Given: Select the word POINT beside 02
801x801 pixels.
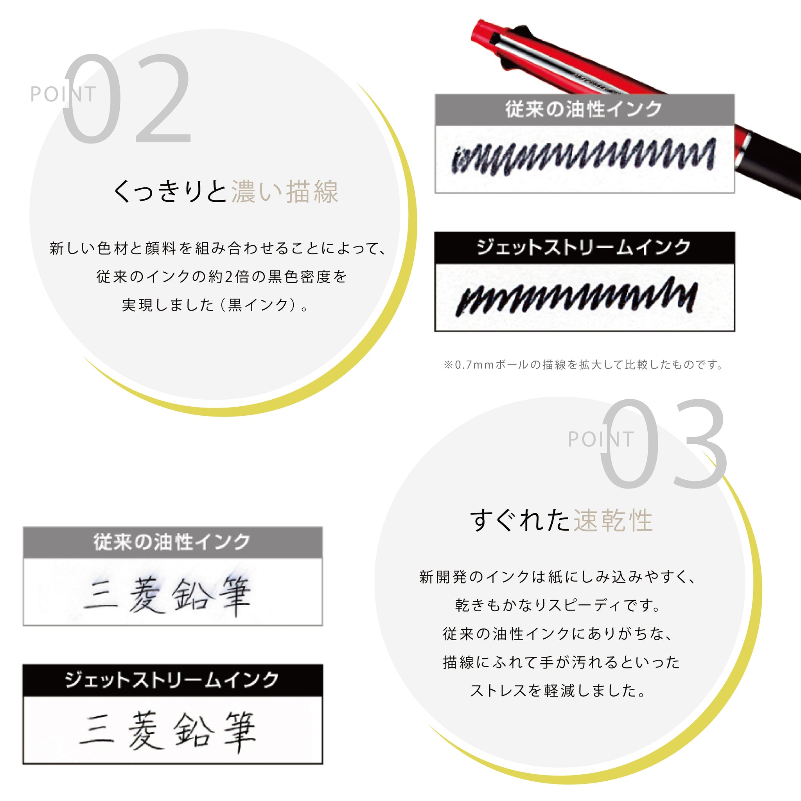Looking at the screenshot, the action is click(63, 94).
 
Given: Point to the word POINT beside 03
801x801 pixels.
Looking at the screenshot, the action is click(601, 439).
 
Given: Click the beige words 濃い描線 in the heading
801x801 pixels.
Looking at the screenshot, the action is click(285, 192).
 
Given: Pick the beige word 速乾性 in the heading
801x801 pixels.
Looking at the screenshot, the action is click(613, 520).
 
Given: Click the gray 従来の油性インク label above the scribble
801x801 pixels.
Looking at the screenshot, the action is click(584, 110).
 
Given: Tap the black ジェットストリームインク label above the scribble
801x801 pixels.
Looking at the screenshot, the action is click(584, 247).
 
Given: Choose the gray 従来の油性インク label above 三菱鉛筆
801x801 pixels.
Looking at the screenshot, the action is click(172, 542).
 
